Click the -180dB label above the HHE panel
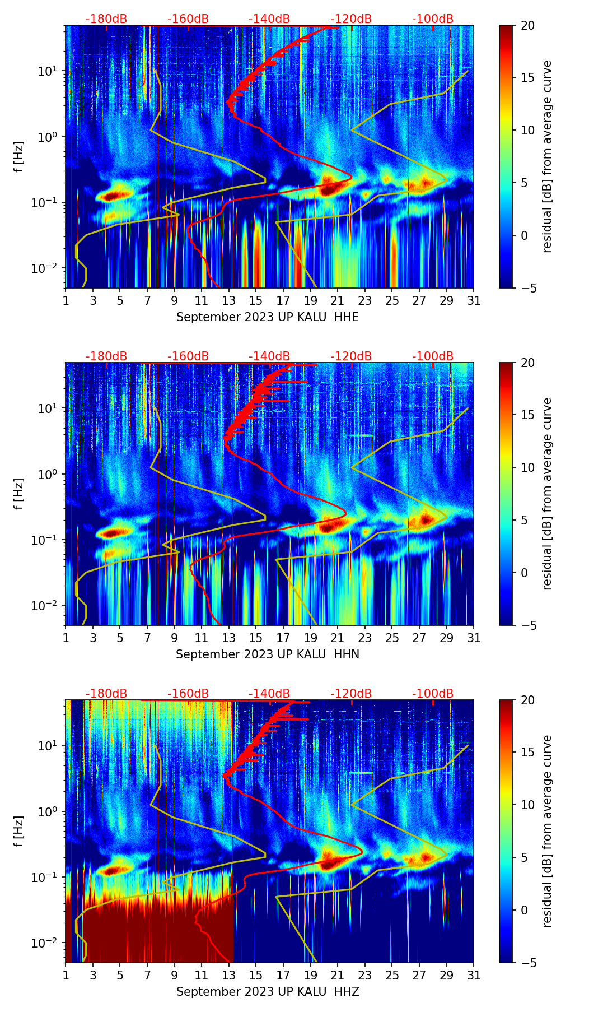pyautogui.click(x=106, y=19)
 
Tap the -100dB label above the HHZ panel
pyautogui.click(x=433, y=694)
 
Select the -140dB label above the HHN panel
pyautogui.click(x=269, y=356)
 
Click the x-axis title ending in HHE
pyautogui.click(x=267, y=317)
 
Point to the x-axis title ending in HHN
pyautogui.click(x=267, y=654)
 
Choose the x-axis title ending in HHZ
pyautogui.click(x=267, y=992)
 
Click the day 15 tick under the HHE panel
pyautogui.click(x=255, y=300)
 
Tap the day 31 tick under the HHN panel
pyautogui.click(x=474, y=638)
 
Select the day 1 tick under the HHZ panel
pyautogui.click(x=66, y=975)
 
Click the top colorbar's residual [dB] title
pyautogui.click(x=548, y=157)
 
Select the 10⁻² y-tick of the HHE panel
pyautogui.click(x=48, y=268)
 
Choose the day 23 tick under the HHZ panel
pyautogui.click(x=364, y=975)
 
